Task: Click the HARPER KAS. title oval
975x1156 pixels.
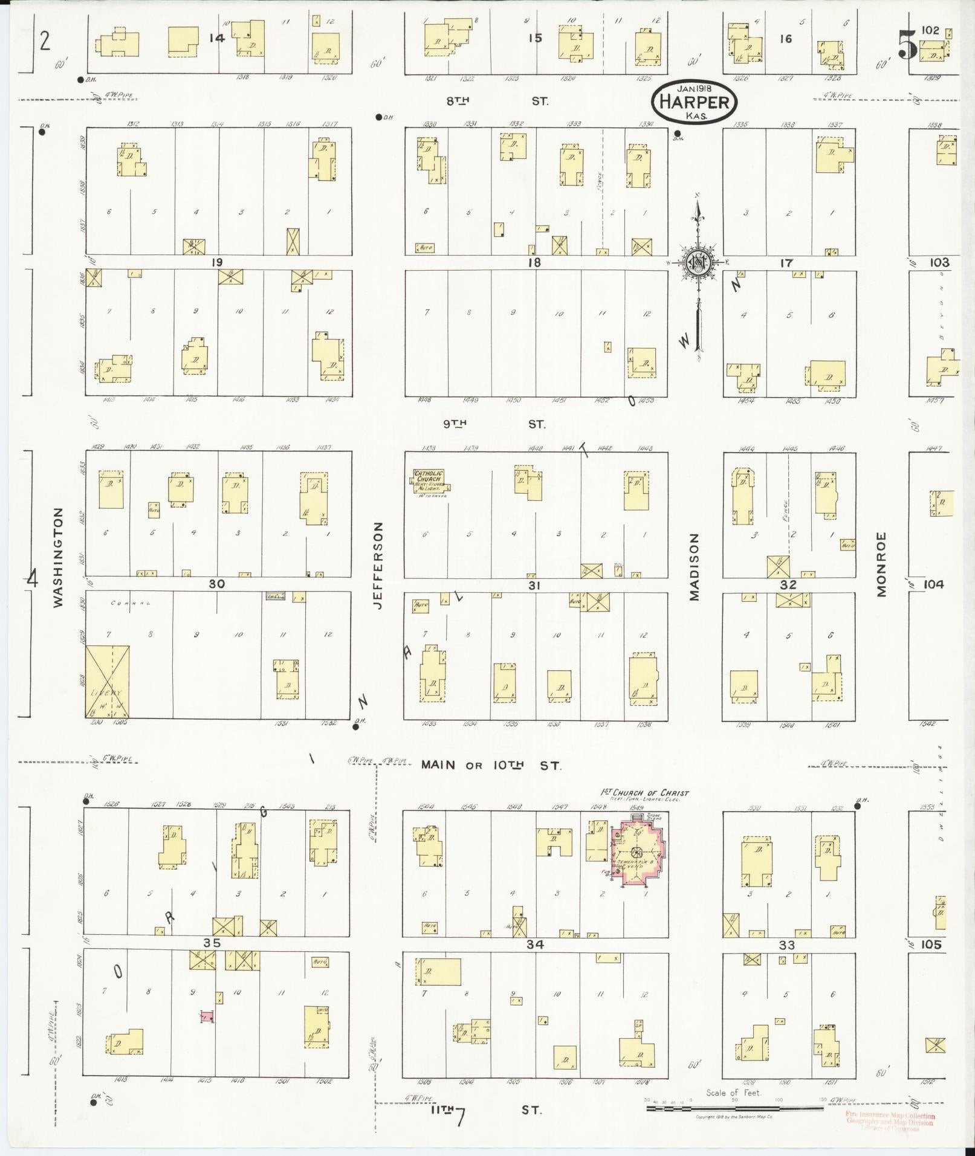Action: pos(694,102)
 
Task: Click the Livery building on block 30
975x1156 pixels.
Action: pos(107,682)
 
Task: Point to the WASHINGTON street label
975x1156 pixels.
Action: pos(58,557)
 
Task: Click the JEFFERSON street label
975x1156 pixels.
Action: pos(379,566)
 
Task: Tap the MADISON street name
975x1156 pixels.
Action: pos(693,566)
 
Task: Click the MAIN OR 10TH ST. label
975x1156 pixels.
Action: pos(491,766)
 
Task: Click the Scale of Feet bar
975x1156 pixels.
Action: pos(734,1109)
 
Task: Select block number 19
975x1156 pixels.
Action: pos(217,262)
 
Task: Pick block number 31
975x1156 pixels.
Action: pos(533,585)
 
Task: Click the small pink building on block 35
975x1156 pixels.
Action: pos(207,1017)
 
